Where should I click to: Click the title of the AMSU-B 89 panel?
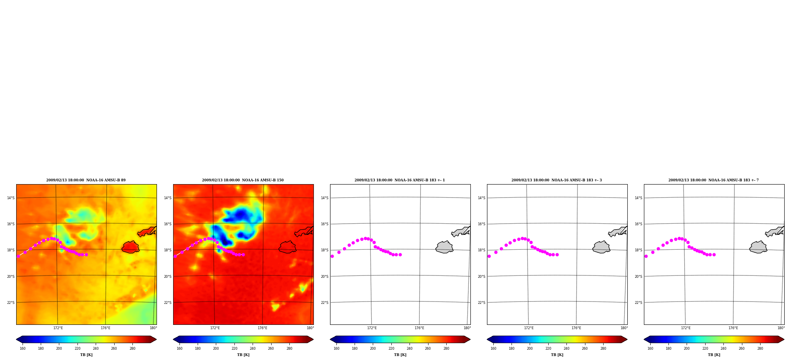coord(86,180)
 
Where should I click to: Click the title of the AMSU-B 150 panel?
coord(243,180)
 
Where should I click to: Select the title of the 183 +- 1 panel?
coord(400,180)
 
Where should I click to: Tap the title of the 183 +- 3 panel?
coord(557,180)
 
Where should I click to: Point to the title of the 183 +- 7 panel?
coord(713,180)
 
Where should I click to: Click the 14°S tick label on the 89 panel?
coord(11,198)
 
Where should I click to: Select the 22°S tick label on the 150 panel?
coord(168,303)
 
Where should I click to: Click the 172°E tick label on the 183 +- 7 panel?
coord(686,328)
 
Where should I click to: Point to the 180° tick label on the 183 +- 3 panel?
coord(624,328)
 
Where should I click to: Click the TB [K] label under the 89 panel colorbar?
coord(86,355)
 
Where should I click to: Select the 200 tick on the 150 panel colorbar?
coord(216,349)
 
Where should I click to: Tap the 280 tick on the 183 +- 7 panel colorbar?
coord(760,349)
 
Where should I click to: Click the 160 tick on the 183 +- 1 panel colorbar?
coord(336,349)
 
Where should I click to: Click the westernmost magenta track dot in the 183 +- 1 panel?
coord(332,256)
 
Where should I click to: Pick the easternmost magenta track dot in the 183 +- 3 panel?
coord(557,254)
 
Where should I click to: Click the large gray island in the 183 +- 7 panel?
coord(758,247)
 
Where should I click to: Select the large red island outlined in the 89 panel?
coord(130,247)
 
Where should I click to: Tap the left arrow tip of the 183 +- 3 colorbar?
coord(487,339)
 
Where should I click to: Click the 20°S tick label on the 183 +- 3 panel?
coord(481,277)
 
